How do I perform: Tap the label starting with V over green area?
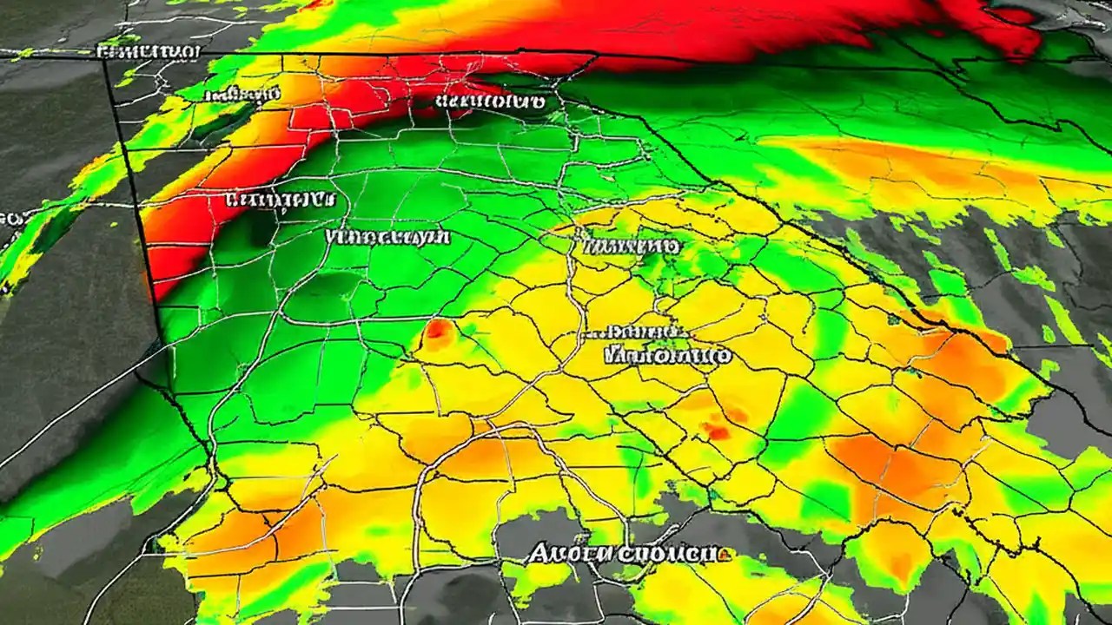(387, 236)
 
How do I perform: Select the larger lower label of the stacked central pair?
(667, 354)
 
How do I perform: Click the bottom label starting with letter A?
(624, 553)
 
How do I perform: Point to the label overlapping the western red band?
(278, 200)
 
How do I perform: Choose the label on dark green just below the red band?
(491, 102)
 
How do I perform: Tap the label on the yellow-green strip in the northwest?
(241, 94)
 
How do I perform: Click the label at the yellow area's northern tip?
(632, 247)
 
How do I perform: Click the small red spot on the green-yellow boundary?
(439, 331)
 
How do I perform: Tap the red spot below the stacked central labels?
(717, 430)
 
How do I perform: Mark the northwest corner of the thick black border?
(105, 57)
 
